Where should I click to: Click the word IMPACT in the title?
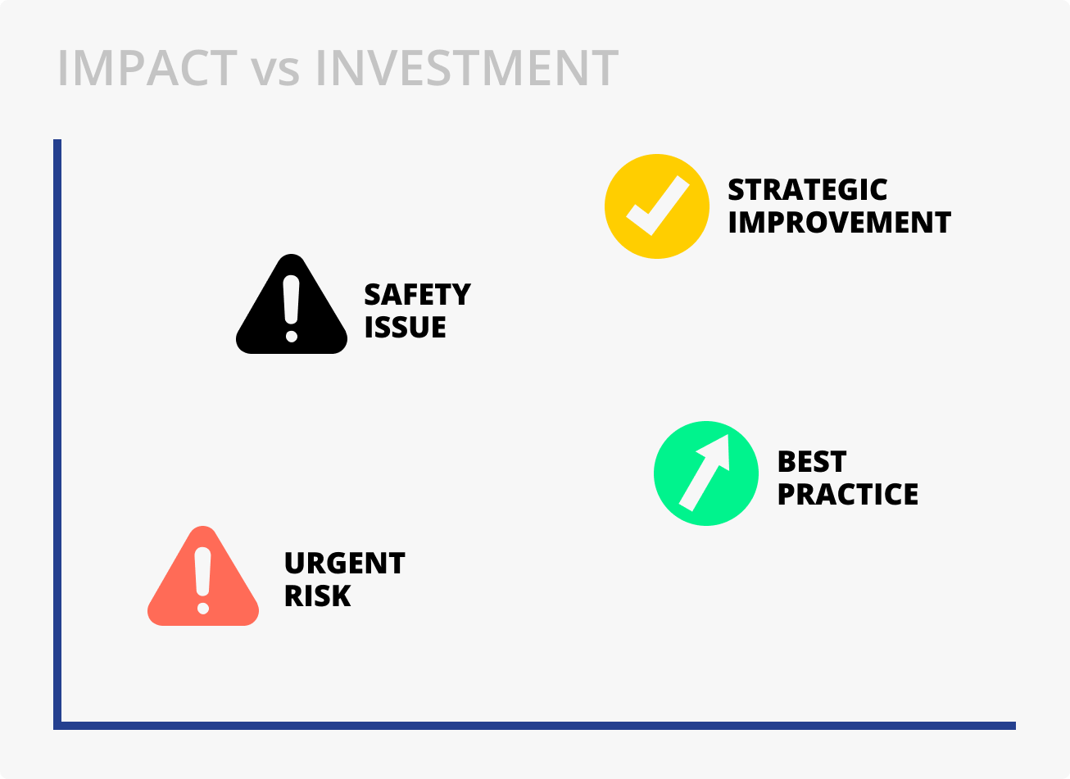pyautogui.click(x=147, y=68)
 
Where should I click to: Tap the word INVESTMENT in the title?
pyautogui.click(x=467, y=68)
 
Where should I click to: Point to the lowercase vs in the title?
pyautogui.click(x=275, y=74)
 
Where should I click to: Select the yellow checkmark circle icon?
pyautogui.click(x=657, y=206)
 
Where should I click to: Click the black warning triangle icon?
pyautogui.click(x=292, y=304)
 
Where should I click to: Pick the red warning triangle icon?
pyautogui.click(x=203, y=576)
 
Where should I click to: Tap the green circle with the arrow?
pyautogui.click(x=706, y=473)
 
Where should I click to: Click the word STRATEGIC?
pyautogui.click(x=808, y=189)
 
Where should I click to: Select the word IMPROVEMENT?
pyautogui.click(x=839, y=222)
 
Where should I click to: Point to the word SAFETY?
pyautogui.click(x=418, y=294)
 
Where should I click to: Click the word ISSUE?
pyautogui.click(x=405, y=327)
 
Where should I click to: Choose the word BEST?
pyautogui.click(x=812, y=461)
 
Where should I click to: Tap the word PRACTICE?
pyautogui.click(x=848, y=494)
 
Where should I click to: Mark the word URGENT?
pyautogui.click(x=345, y=563)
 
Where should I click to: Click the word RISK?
pyautogui.click(x=318, y=596)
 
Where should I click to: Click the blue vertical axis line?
pyautogui.click(x=57, y=434)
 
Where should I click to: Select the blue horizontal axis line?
pyautogui.click(x=534, y=726)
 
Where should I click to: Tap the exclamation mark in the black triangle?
pyautogui.click(x=292, y=309)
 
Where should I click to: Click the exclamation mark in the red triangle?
pyautogui.click(x=203, y=580)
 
